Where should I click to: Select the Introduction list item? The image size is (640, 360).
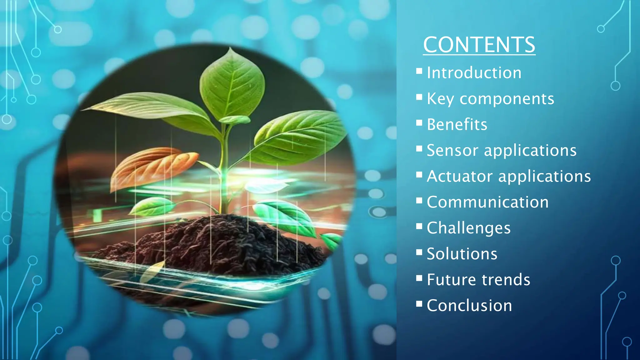pos(474,73)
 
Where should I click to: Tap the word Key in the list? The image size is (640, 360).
pos(440,99)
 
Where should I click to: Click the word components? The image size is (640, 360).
pos(507,99)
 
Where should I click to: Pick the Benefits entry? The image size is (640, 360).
pos(457,124)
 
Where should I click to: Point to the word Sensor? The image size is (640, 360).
pos(452,150)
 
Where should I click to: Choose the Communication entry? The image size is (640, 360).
pos(487,202)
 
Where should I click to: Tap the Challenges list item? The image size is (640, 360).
pos(468,228)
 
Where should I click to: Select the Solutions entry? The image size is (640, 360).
pos(462,254)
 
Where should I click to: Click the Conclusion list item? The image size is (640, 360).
pos(469,306)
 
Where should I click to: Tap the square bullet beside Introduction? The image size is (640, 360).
pos(419,71)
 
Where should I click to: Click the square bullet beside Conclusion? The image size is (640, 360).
pos(419,304)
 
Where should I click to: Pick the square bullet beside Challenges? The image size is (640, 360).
pos(419,226)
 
